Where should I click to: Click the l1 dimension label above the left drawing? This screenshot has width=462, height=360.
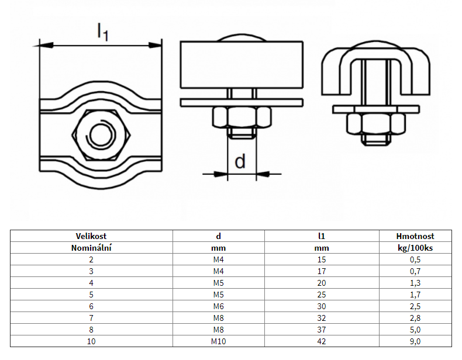click(x=103, y=32)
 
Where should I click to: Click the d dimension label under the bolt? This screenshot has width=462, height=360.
click(x=240, y=161)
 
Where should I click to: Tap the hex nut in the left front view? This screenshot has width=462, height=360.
click(x=101, y=135)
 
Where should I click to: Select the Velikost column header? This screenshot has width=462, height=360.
click(x=91, y=236)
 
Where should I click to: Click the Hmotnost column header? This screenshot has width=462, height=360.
click(x=415, y=236)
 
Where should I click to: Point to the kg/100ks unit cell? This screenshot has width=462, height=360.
click(x=415, y=248)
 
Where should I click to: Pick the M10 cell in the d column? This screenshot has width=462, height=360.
click(x=218, y=341)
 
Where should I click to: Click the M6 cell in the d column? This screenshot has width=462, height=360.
click(x=218, y=306)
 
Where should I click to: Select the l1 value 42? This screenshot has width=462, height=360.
click(x=322, y=341)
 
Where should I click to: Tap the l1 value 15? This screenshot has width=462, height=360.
click(x=322, y=259)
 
